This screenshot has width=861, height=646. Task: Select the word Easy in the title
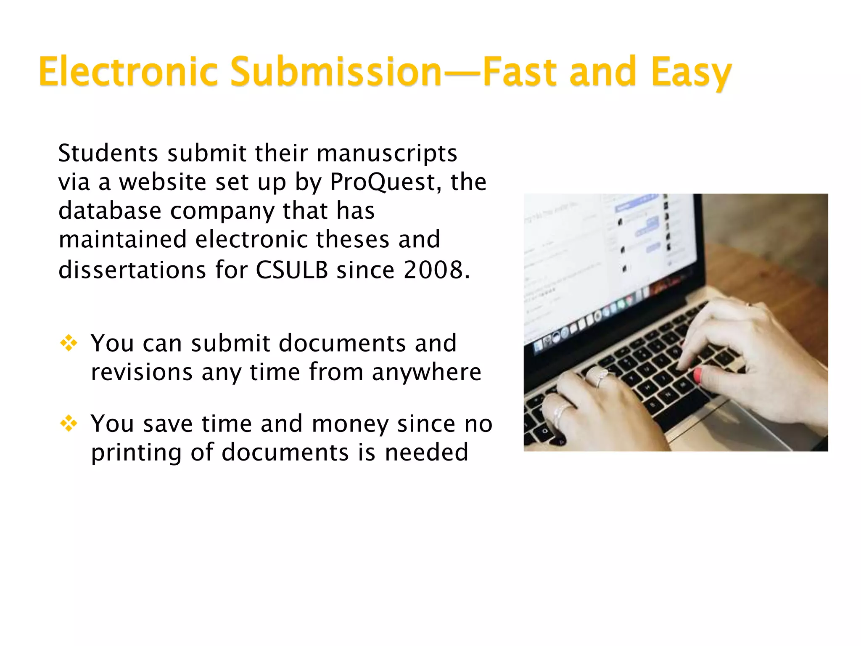pyautogui.click(x=691, y=72)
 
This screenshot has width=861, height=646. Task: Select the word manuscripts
pyautogui.click(x=387, y=154)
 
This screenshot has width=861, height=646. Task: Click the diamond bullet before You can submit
pyautogui.click(x=69, y=343)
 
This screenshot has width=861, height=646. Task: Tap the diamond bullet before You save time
pyautogui.click(x=69, y=424)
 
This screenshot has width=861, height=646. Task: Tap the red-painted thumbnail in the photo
pyautogui.click(x=697, y=374)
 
